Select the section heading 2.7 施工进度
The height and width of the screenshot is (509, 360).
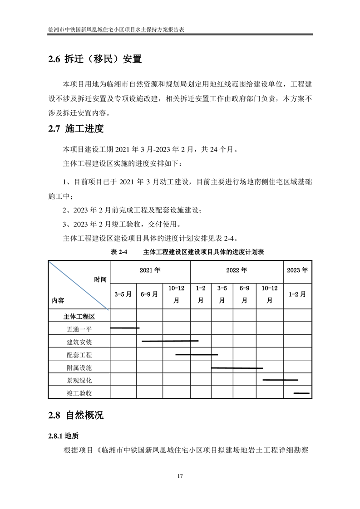pyautogui.click(x=76, y=129)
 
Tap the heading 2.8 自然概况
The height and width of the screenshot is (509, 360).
pyautogui.click(x=76, y=415)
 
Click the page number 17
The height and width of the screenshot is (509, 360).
pyautogui.click(x=180, y=476)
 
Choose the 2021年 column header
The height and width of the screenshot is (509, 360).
pyautogui.click(x=150, y=270)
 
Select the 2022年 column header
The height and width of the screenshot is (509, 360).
pyautogui.click(x=237, y=270)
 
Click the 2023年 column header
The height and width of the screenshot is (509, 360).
pyautogui.click(x=297, y=270)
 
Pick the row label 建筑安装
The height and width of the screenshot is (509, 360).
pyautogui.click(x=79, y=342)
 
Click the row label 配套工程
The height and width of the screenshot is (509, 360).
pyautogui.click(x=79, y=355)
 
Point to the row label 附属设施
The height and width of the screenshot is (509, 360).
pyautogui.click(x=79, y=367)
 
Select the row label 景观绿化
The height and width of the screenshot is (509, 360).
pyautogui.click(x=79, y=380)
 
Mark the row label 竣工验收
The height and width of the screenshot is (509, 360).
pyautogui.click(x=79, y=393)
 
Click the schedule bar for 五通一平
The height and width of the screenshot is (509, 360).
pyautogui.click(x=125, y=328)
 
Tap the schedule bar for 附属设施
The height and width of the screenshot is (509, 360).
pyautogui.click(x=237, y=368)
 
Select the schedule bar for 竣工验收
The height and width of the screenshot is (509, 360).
pyautogui.click(x=301, y=393)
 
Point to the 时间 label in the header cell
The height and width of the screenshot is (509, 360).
pyautogui.click(x=100, y=279)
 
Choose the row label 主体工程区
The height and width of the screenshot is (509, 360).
pyautogui.click(x=79, y=316)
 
